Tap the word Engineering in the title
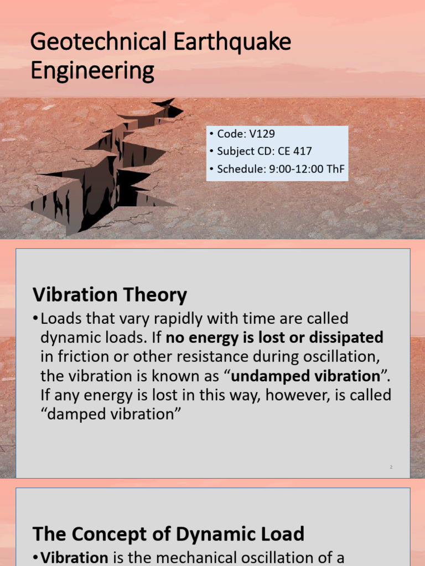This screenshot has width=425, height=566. pos(92,72)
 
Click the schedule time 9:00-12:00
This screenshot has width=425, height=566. pos(297,169)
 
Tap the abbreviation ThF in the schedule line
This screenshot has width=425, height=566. pos(336,169)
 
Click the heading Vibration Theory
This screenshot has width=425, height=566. pos(110,295)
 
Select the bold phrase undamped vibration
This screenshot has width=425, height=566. pos(304,376)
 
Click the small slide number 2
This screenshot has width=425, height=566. pos(391,467)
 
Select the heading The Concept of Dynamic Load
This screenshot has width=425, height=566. pos(168,534)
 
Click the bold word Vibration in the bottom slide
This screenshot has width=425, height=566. pos(69,557)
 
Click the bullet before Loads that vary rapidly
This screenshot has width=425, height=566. pos(36,319)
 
